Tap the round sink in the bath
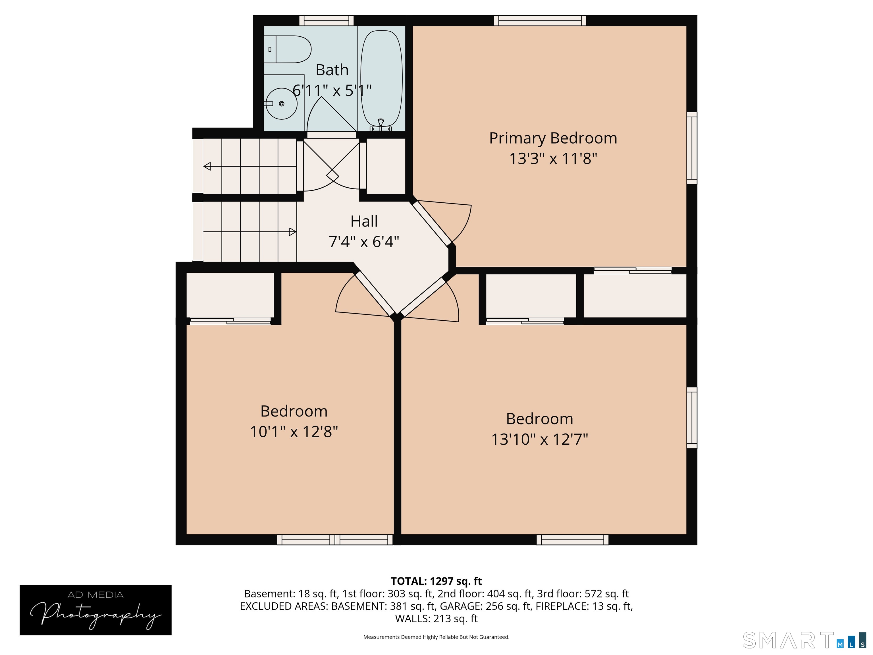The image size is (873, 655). tap(281, 103)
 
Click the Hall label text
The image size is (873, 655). tap(364, 221)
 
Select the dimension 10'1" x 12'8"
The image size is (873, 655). tap(294, 432)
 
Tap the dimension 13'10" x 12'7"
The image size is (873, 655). tap(539, 439)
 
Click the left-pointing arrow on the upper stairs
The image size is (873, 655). tap(207, 166)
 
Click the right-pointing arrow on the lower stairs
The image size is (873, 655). tap(292, 232)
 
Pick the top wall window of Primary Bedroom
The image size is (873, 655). tap(540, 20)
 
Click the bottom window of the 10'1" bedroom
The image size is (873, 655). tap(335, 539)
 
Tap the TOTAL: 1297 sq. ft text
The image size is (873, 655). tap(436, 581)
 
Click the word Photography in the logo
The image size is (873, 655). tap(95, 614)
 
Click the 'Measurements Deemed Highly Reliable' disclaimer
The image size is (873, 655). tap(436, 637)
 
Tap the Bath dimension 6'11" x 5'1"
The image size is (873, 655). tap(332, 90)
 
